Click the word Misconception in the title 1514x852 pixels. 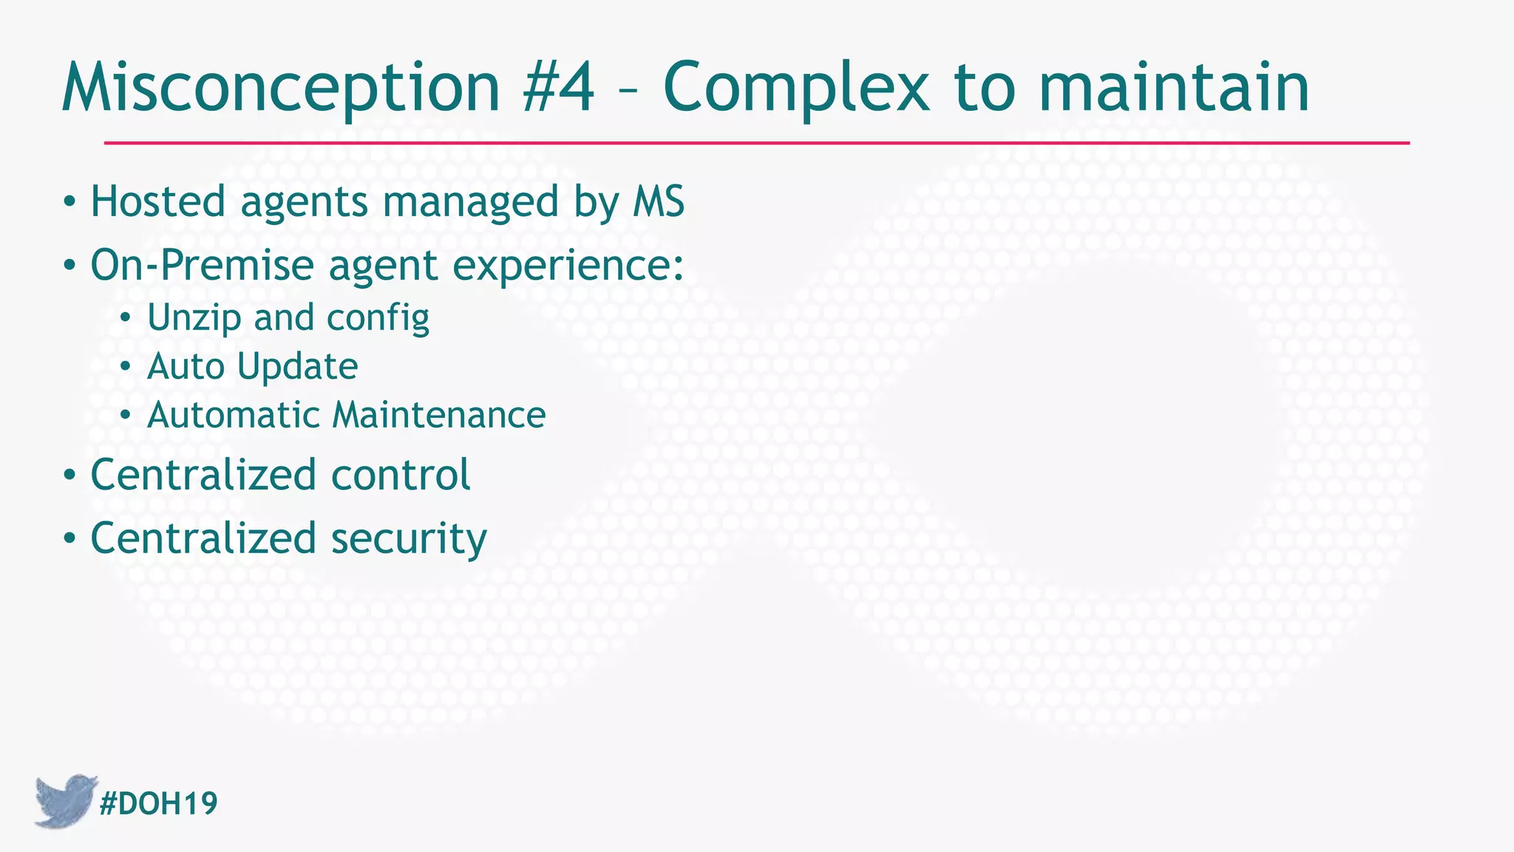281,89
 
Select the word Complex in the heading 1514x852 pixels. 795,89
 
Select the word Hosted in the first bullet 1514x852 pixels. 157,201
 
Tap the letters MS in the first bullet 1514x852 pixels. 658,201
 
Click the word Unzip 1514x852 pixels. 194,318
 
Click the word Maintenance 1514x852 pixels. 438,415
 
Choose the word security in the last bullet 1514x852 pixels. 408,538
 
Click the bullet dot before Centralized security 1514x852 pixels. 69,539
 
